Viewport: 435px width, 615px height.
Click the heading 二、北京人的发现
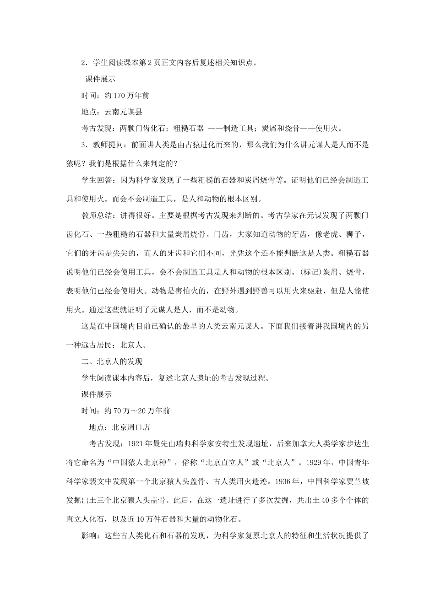point(112,361)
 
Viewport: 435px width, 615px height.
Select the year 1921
point(136,443)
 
